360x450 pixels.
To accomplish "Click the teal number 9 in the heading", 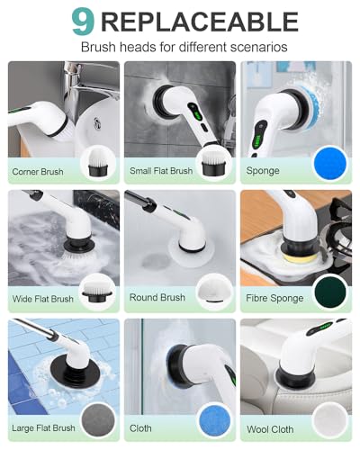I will point(82,22).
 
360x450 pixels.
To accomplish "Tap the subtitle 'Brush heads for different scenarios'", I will point(184,47).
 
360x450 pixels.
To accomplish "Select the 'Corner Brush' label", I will point(38,170).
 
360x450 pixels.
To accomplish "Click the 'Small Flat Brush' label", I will point(161,170).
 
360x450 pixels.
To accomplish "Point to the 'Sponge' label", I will point(262,170).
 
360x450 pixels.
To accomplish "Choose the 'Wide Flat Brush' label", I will point(43,298).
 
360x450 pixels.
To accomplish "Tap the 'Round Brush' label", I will point(157,298).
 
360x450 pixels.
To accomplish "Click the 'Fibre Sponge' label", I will point(274,298).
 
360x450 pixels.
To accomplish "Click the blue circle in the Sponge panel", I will point(329,164).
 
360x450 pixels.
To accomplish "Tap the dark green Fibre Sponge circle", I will point(329,292).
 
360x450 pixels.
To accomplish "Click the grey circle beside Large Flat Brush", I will point(97,419).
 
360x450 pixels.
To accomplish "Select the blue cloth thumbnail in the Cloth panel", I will point(213,419).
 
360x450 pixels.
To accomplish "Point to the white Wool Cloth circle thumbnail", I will point(329,419).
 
